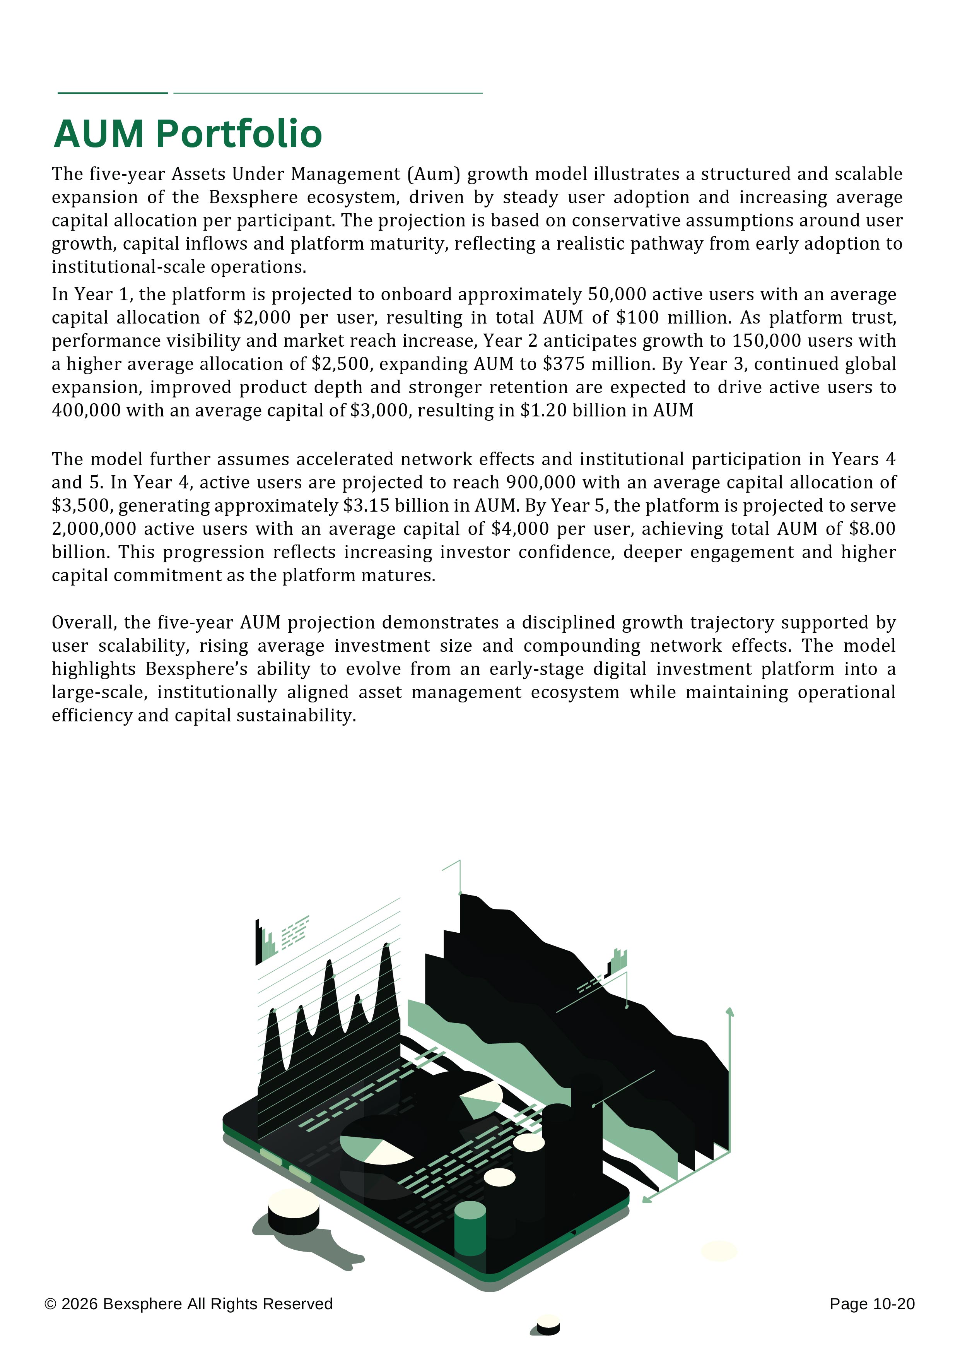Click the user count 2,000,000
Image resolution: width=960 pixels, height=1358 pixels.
(94, 529)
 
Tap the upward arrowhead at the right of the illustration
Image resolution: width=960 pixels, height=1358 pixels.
(730, 1012)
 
